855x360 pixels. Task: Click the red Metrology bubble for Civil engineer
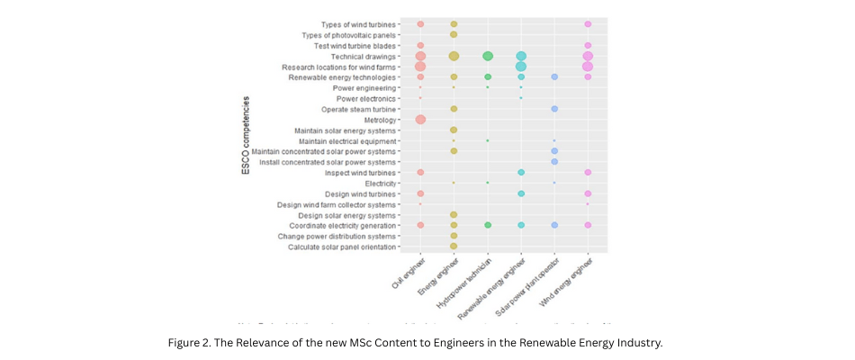(x=420, y=120)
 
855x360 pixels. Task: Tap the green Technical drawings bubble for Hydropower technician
(x=488, y=56)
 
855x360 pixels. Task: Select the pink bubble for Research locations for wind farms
(x=588, y=67)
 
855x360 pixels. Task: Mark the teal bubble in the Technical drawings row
(x=521, y=56)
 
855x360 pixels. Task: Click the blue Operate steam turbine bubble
(x=554, y=109)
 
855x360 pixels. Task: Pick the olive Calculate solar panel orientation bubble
(x=454, y=246)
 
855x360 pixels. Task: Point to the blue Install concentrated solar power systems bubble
(x=554, y=162)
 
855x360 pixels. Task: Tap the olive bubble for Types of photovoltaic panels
(x=454, y=35)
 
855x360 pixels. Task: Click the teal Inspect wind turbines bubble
(x=521, y=172)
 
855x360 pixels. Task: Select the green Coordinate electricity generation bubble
(x=488, y=225)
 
